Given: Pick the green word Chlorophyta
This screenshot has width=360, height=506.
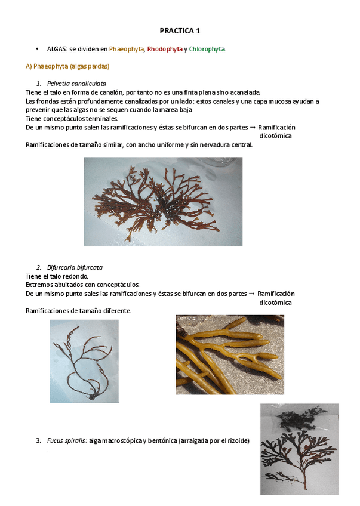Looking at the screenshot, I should (207, 49).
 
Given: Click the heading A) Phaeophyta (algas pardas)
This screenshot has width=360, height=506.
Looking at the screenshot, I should (67, 66).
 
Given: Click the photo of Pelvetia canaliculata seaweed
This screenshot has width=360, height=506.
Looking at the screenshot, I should (163, 201).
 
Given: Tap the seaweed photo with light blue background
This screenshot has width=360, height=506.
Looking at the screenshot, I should (84, 360).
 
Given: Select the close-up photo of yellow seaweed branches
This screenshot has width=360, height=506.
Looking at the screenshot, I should (230, 355).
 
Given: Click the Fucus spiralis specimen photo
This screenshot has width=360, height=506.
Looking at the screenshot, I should (299, 449).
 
